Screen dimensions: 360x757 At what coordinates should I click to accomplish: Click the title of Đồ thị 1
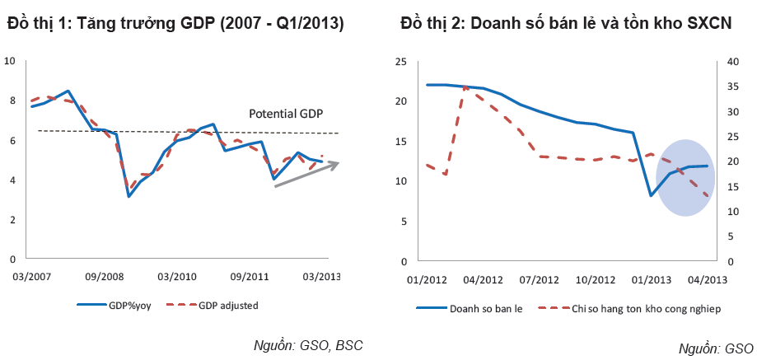pos(175,24)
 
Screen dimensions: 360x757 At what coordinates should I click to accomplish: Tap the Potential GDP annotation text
pos(286,114)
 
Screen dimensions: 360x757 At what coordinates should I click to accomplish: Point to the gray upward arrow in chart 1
pos(306,175)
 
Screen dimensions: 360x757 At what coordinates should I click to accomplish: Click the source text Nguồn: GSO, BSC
pos(308,344)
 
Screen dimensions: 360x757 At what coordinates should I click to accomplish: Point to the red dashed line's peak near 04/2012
pos(465,86)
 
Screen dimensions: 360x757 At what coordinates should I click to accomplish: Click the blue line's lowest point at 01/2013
pos(651,195)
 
